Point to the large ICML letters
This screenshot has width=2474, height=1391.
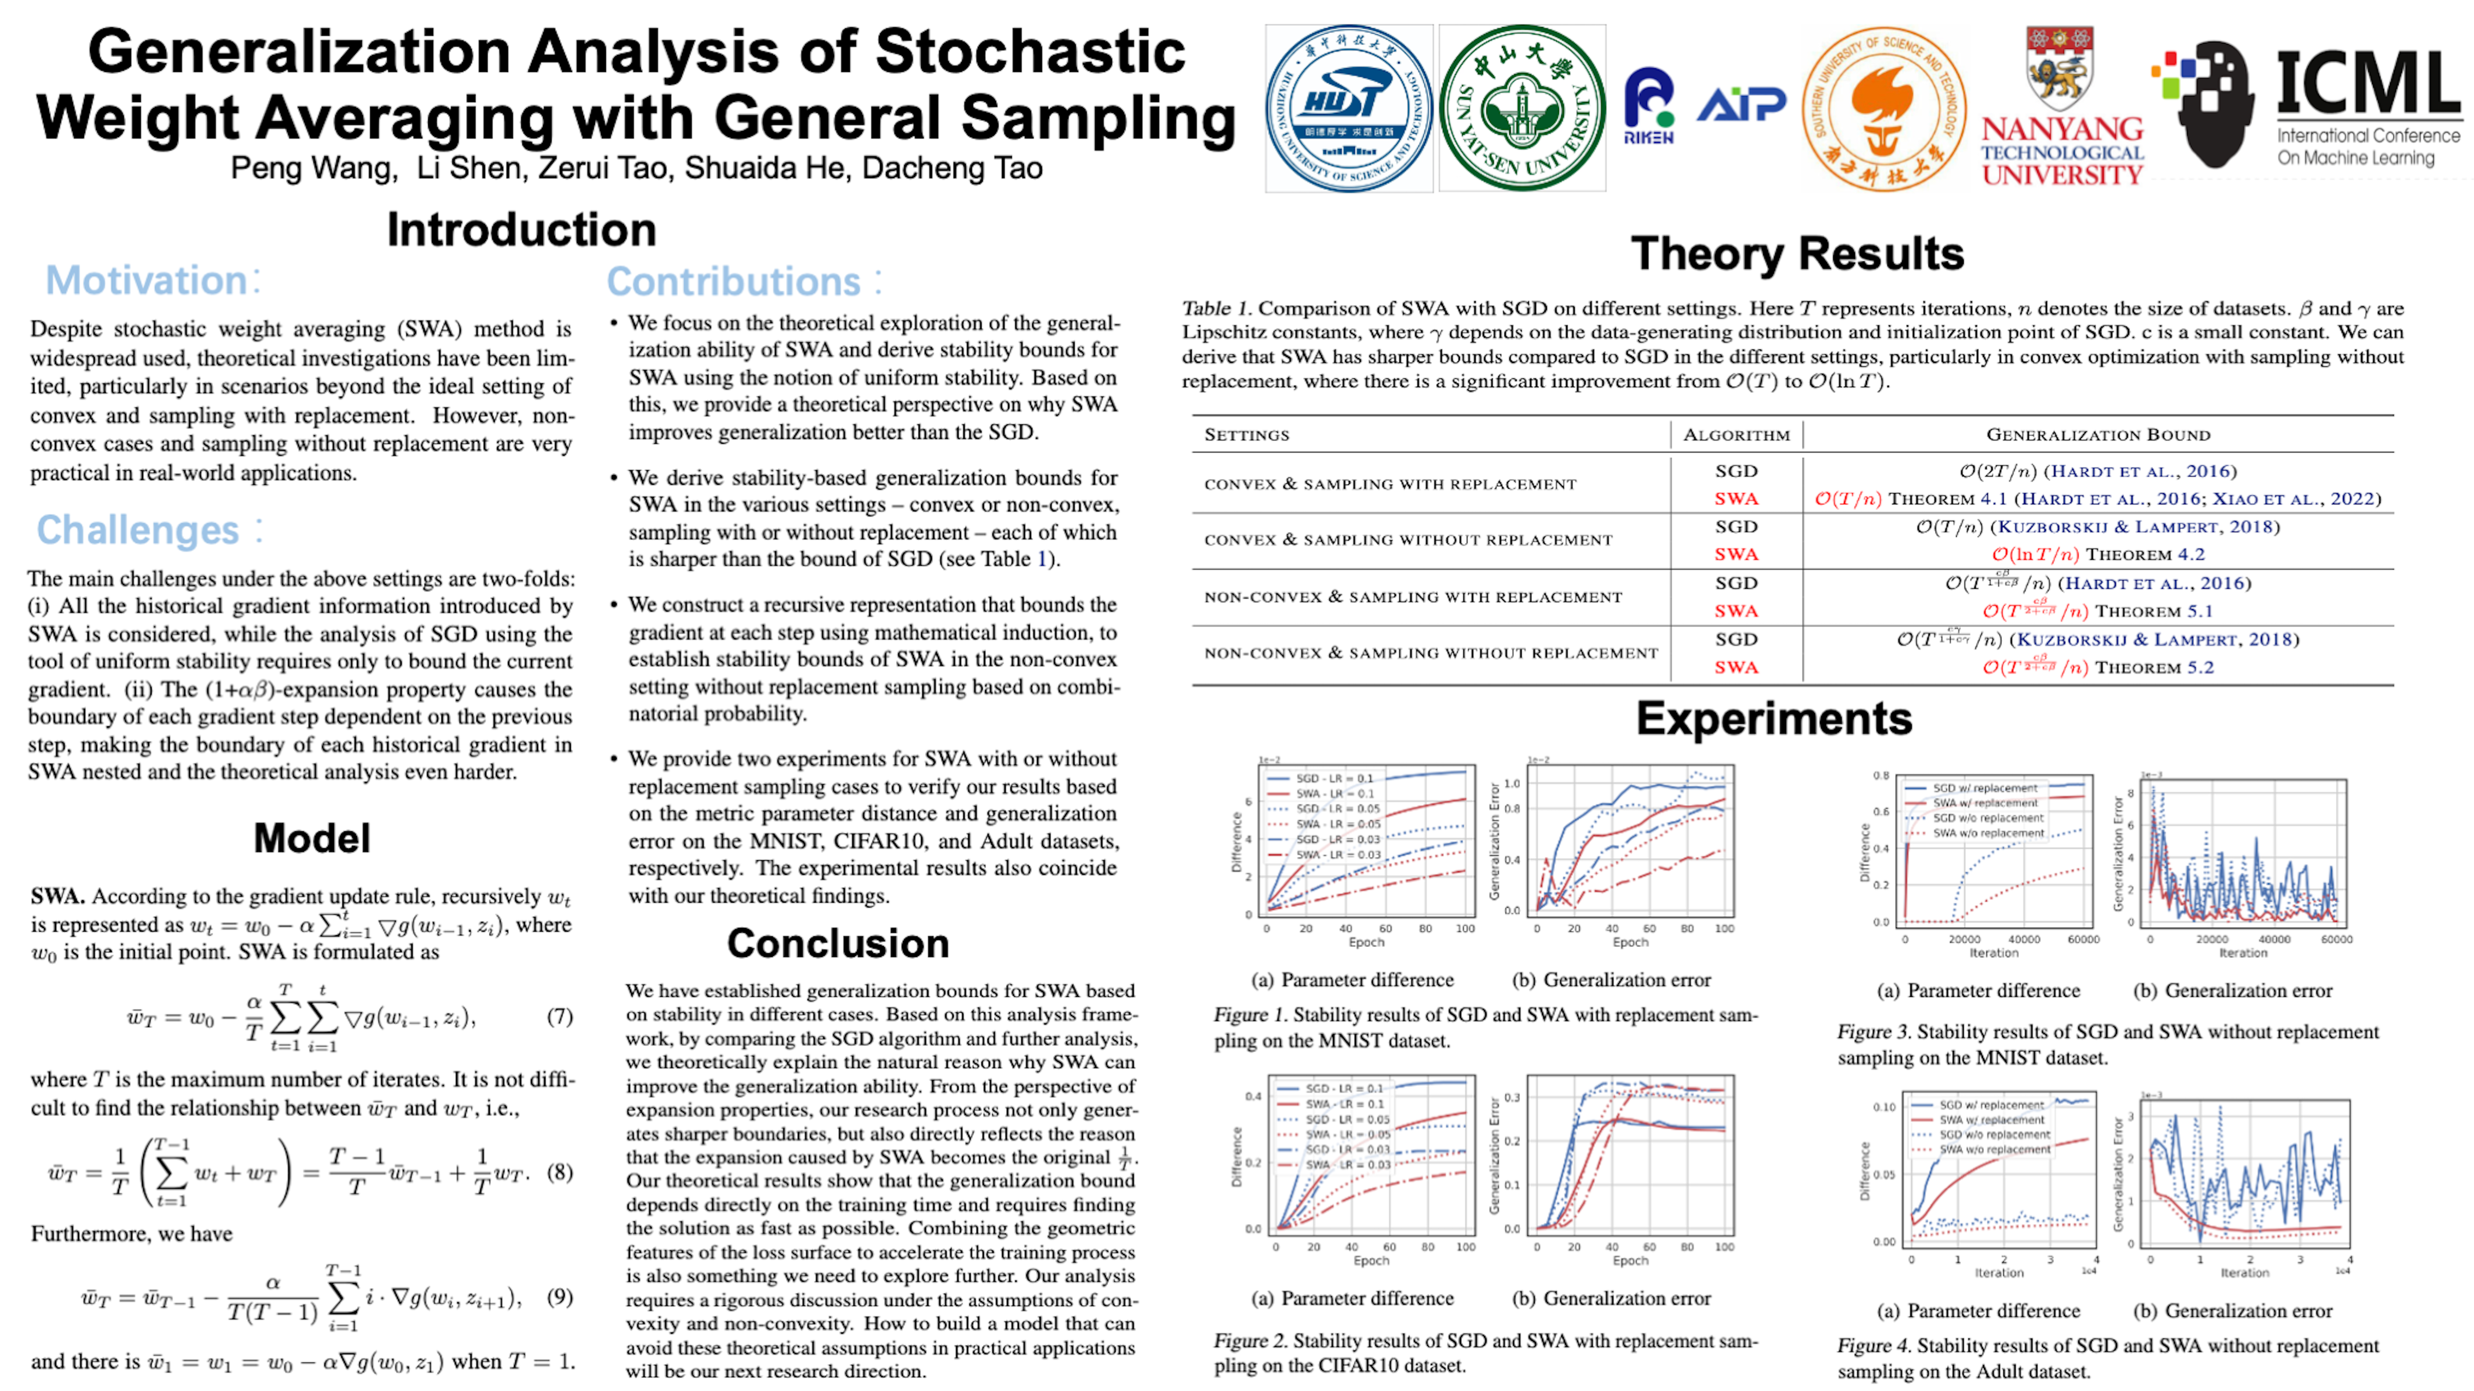[x=2367, y=85]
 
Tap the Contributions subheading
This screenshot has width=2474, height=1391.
[x=734, y=281]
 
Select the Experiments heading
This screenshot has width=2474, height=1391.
[x=1774, y=718]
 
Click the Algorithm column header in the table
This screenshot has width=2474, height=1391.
[x=1737, y=435]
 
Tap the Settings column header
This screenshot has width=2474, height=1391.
[x=1247, y=435]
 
